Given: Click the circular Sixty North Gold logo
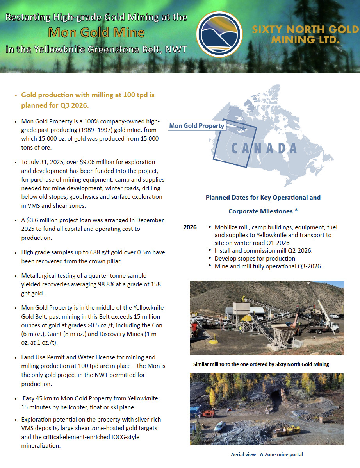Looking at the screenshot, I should pos(219,34).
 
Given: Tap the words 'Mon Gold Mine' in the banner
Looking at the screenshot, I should pos(96,32).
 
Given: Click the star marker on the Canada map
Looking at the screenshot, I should pos(243,129).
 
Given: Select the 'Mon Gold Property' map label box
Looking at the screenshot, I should pos(197,126).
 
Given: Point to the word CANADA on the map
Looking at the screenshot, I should pos(264,148).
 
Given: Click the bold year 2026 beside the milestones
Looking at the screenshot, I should pos(190,227).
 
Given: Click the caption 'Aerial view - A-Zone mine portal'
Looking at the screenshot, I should pos(266,454).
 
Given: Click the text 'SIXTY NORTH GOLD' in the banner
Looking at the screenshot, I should pos(305,30).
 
